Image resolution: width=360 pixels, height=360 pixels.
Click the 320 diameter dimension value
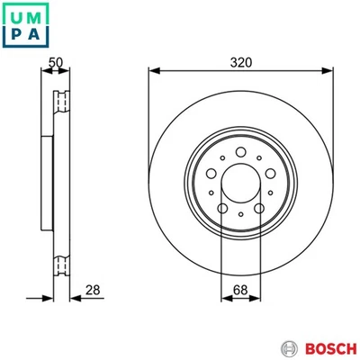coord(240,62)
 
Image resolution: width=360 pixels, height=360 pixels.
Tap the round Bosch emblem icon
coord(289,347)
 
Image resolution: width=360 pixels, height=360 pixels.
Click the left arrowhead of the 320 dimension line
coord(152,71)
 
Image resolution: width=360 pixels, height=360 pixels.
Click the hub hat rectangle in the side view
coord(48,180)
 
